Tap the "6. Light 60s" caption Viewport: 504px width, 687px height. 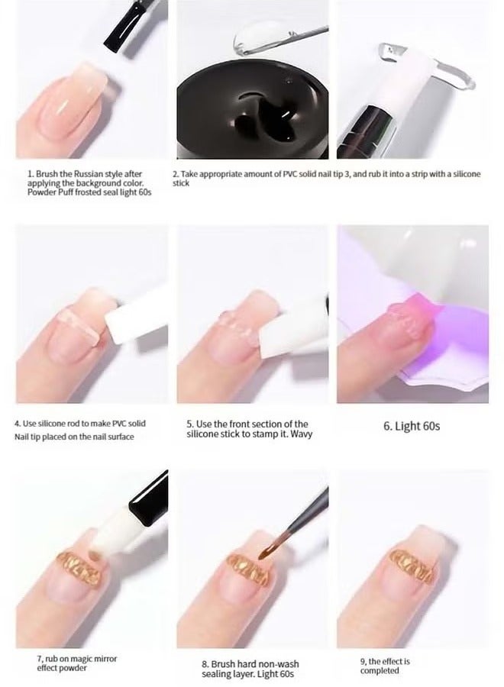point(412,426)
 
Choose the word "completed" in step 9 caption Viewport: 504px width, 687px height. point(380,671)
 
